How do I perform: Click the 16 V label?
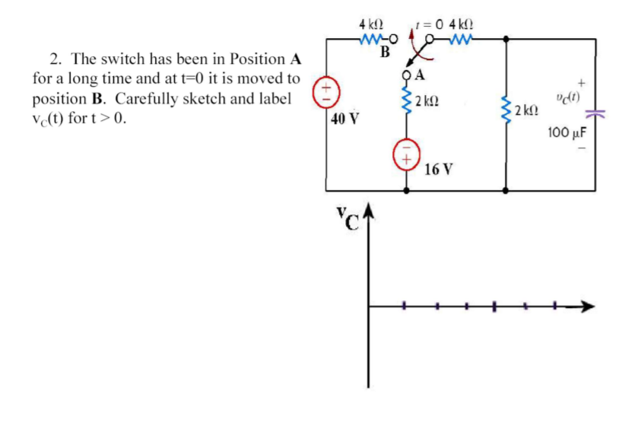pyautogui.click(x=439, y=169)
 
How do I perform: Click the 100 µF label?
pyautogui.click(x=569, y=135)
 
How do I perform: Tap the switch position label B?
pyautogui.click(x=385, y=52)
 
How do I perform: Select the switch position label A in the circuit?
pyautogui.click(x=421, y=75)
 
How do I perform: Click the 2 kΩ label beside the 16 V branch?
pyautogui.click(x=433, y=100)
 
